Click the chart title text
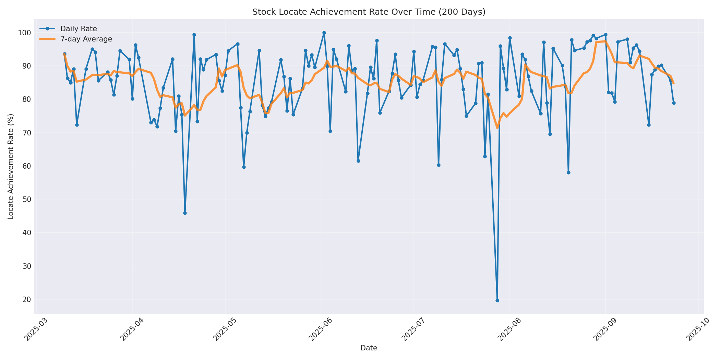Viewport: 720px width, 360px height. (x=369, y=12)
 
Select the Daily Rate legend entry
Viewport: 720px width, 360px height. (x=79, y=29)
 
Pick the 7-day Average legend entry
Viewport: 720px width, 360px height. (x=86, y=39)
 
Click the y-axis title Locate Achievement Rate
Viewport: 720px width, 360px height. (x=11, y=167)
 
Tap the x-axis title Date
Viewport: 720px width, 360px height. (x=369, y=348)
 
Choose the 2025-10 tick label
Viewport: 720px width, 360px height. (x=697, y=330)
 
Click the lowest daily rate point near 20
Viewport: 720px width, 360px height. (x=497, y=300)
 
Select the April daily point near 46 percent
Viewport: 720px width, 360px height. (x=185, y=213)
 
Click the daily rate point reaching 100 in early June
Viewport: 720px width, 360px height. (x=324, y=33)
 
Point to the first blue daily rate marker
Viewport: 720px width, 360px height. (x=64, y=54)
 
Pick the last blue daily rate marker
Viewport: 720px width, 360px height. (x=674, y=103)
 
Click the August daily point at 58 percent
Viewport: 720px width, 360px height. (x=568, y=172)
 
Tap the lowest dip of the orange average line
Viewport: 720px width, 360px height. (x=497, y=128)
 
